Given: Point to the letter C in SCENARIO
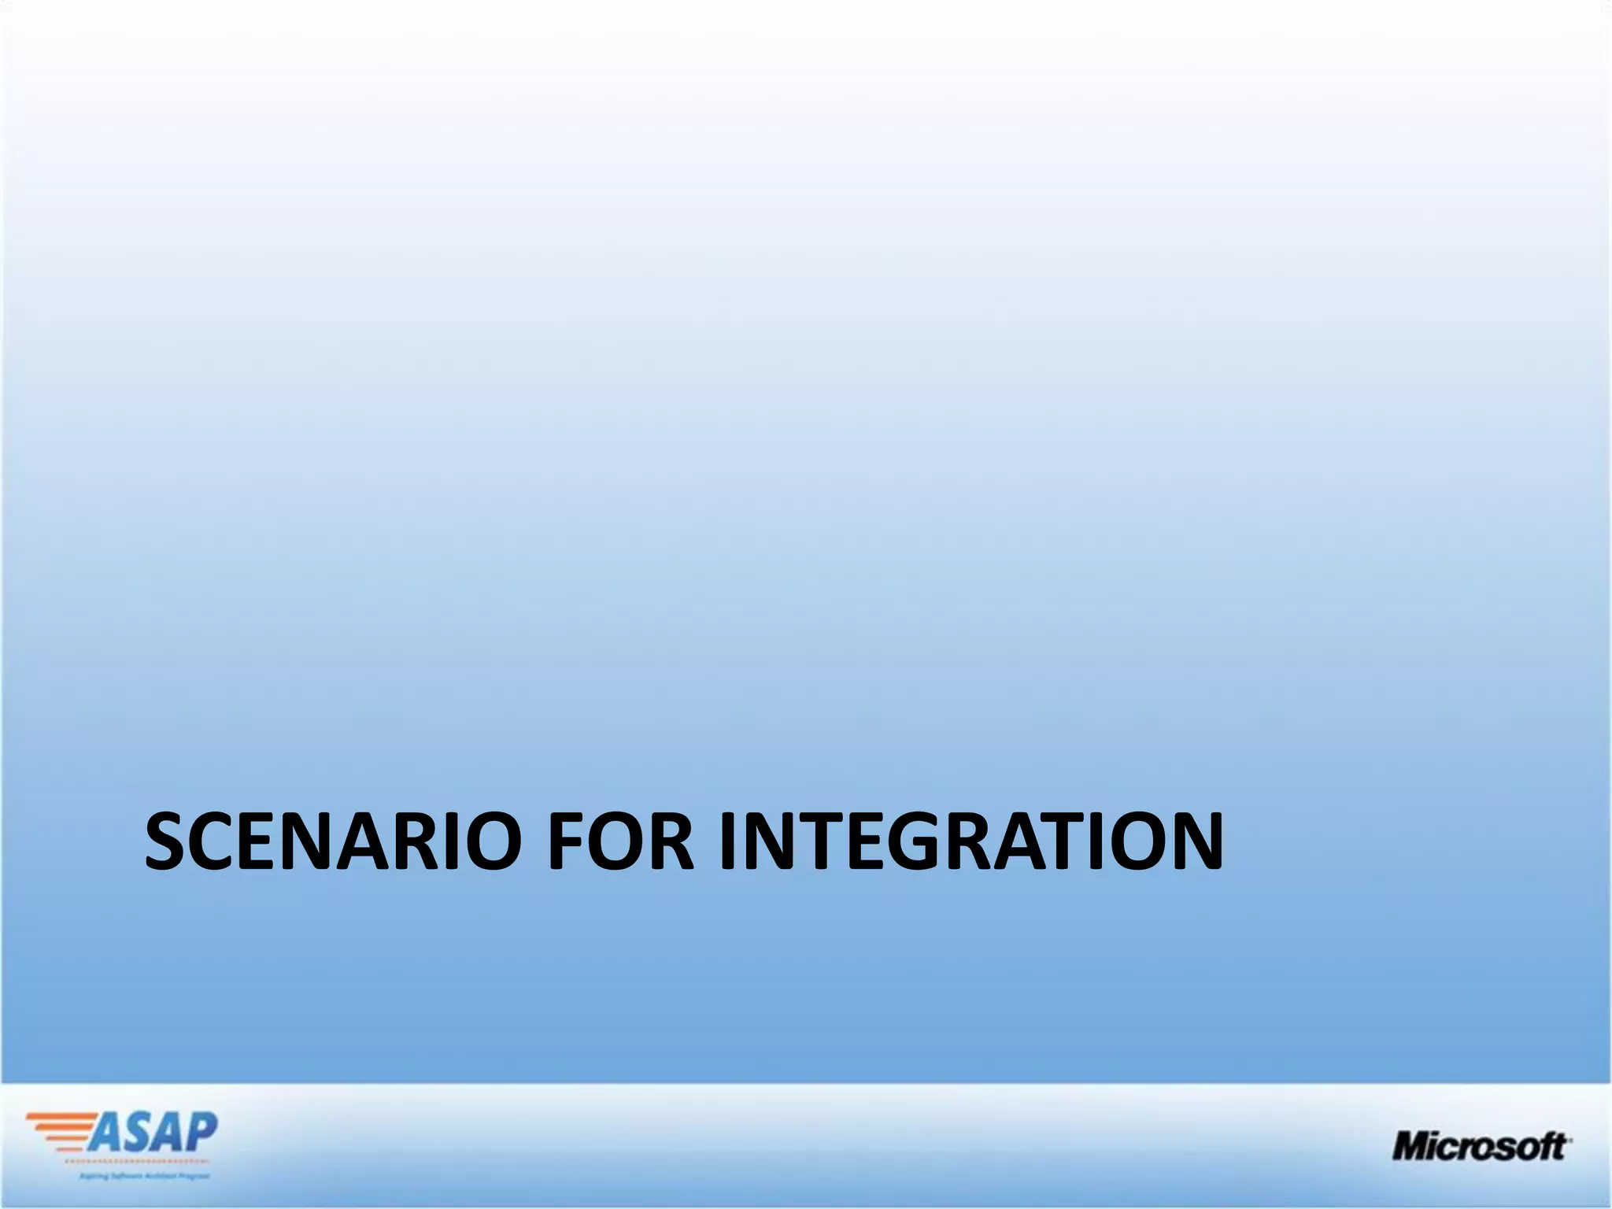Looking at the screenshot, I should click(x=217, y=841).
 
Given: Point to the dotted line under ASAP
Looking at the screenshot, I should click(x=134, y=1162).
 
